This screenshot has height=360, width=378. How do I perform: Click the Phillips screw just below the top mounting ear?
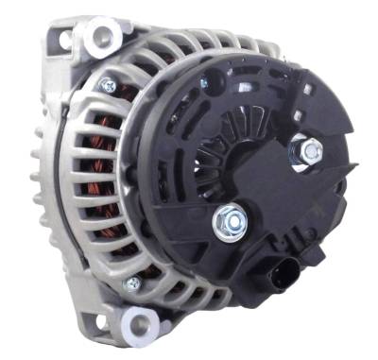click(x=110, y=85)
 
